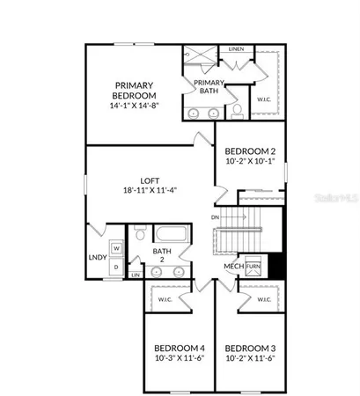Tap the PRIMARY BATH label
click(209, 86)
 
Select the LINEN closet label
click(235, 49)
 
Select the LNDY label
click(98, 258)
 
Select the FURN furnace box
click(253, 266)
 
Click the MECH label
click(232, 266)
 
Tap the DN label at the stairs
click(216, 216)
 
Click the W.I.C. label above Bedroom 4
click(165, 299)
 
